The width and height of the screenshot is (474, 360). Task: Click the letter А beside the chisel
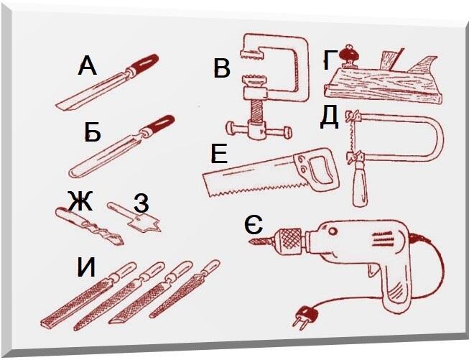(x=88, y=66)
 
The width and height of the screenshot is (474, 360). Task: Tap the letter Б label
(x=93, y=132)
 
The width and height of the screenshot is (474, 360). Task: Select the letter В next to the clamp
(x=222, y=69)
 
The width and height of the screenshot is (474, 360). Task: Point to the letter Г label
(x=330, y=60)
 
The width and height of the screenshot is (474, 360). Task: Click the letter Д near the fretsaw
(x=329, y=117)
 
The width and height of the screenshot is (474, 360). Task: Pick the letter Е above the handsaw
(x=219, y=153)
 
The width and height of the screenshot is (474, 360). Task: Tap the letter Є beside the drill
(x=254, y=224)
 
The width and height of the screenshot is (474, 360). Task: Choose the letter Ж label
(x=80, y=201)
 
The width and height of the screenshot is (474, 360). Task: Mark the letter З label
(x=141, y=203)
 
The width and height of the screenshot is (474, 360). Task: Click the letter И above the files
(x=86, y=267)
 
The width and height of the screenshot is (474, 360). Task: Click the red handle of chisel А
(x=144, y=63)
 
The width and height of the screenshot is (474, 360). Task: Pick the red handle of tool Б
(x=160, y=124)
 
